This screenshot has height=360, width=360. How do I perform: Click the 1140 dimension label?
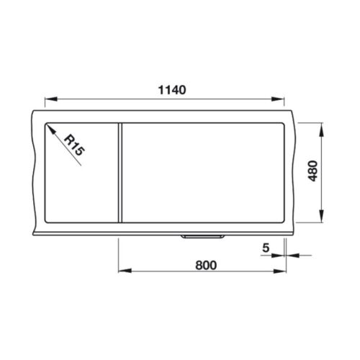coord(172,90)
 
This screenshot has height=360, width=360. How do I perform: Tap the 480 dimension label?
coord(313,171)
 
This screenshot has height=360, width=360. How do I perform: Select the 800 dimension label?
coord(206,266)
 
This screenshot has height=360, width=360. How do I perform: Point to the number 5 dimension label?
coord(266,248)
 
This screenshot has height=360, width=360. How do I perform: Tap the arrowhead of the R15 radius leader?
coord(51,129)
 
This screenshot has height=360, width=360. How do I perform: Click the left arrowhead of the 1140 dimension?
coord(51,99)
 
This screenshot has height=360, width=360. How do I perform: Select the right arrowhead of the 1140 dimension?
coord(278,99)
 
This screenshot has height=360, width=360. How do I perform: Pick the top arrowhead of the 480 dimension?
coord(322,130)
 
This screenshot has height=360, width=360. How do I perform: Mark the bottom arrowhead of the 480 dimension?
coord(322,216)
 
